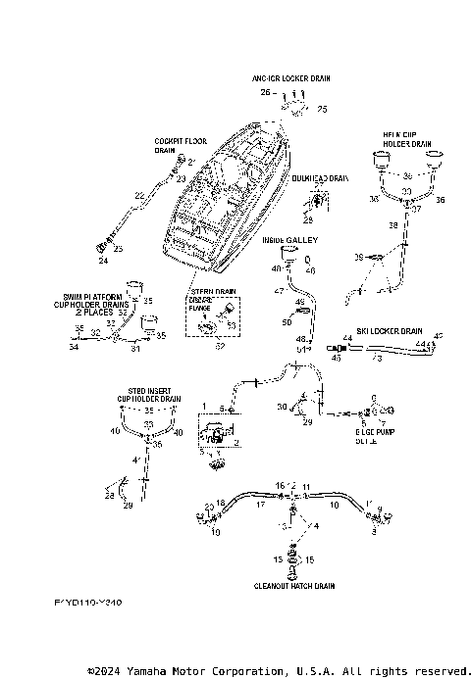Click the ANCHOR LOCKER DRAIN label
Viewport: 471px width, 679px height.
pos(290,75)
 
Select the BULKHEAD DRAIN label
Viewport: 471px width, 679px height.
pos(320,178)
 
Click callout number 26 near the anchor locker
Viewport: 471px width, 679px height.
pos(264,91)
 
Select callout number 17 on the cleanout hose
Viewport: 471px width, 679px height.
pos(260,506)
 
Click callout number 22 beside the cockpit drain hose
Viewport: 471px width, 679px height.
pos(140,197)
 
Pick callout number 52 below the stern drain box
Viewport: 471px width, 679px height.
pos(218,346)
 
